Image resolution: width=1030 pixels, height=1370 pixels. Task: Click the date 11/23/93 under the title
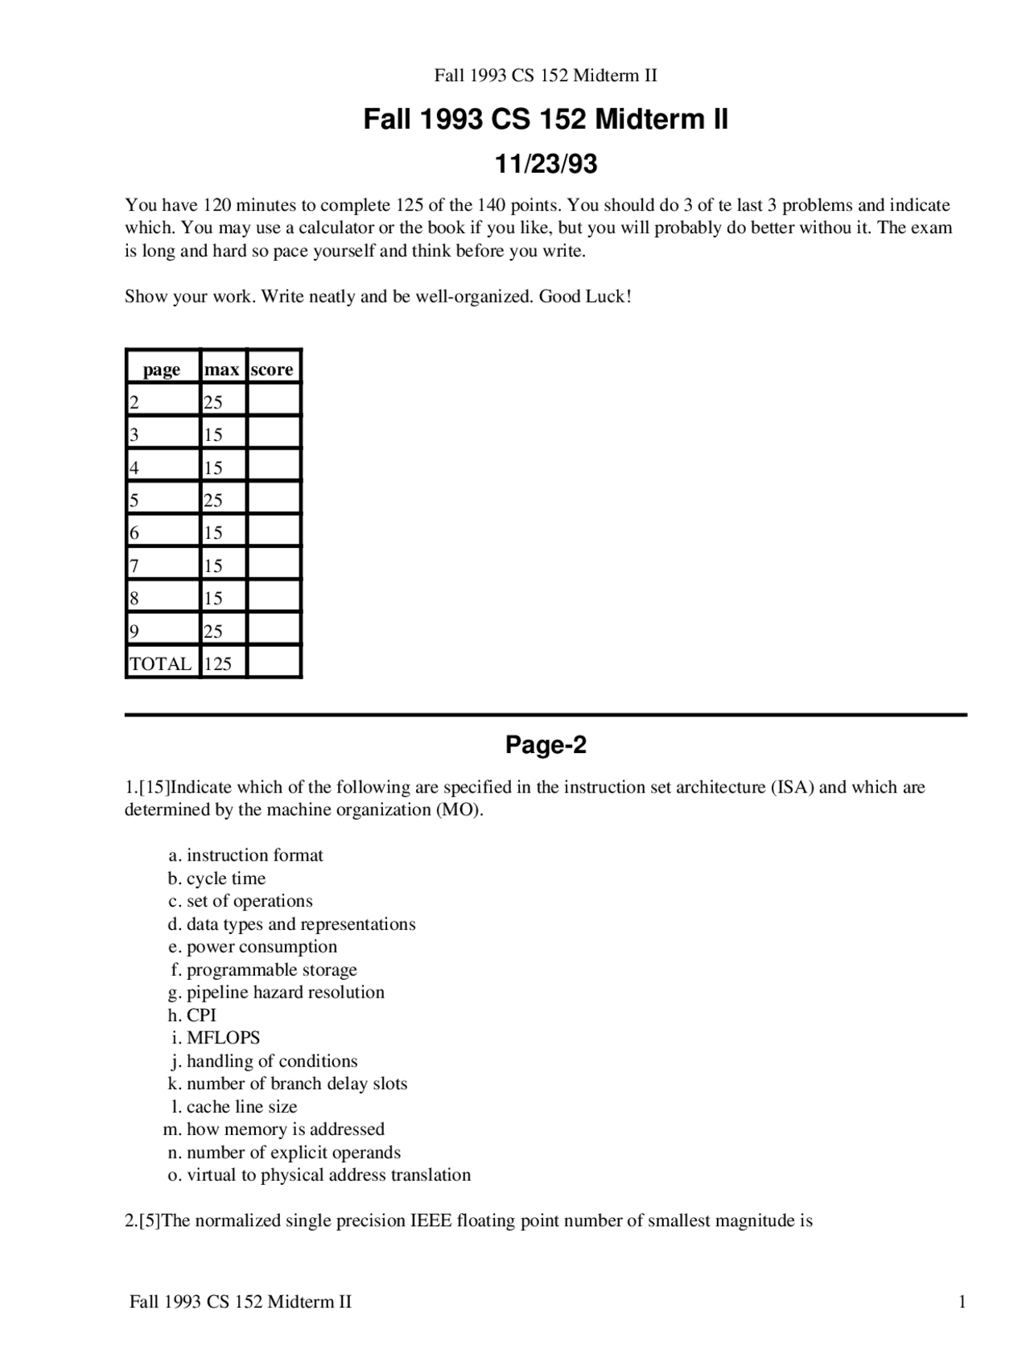[x=546, y=164]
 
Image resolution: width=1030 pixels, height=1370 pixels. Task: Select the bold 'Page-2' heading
[x=546, y=745]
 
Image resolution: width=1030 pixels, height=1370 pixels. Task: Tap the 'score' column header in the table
[x=272, y=369]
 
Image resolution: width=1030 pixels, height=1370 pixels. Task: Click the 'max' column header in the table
[x=221, y=369]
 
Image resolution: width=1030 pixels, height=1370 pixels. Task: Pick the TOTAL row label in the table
[x=161, y=664]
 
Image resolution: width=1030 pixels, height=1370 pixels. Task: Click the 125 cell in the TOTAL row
[x=218, y=664]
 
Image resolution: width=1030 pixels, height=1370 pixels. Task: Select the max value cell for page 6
[x=213, y=533]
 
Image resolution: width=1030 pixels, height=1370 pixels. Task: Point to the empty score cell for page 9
[x=274, y=631]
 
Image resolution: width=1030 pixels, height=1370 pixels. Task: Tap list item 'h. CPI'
[x=192, y=1015]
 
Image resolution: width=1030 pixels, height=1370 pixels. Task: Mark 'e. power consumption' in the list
[x=253, y=947]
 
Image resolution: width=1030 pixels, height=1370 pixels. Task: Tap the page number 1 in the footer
[x=962, y=1302]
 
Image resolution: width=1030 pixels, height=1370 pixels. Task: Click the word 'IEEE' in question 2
[x=431, y=1221]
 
